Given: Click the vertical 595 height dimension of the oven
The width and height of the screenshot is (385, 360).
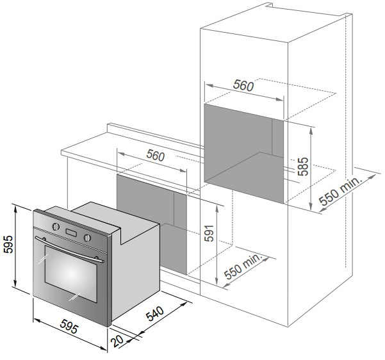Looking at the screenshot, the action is coord(8,244).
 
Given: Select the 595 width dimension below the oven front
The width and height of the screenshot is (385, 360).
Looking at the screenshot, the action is coord(69,326).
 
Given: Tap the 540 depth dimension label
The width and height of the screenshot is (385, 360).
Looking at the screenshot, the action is coord(155,314).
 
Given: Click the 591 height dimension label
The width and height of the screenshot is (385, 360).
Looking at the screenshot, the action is coord(209,233).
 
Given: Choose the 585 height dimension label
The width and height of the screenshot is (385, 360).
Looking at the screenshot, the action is coord(303,167).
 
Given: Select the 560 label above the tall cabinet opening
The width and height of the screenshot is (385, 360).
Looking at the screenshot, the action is coord(243,85).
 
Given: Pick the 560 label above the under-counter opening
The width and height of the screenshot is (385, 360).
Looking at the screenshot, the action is coord(156,156).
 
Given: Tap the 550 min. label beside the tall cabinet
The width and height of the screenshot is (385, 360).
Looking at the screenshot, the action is coord(341,191).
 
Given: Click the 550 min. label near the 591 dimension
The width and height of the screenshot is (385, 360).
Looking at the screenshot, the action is coord(243,266).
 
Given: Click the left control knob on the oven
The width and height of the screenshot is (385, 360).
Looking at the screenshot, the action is coord(56,226).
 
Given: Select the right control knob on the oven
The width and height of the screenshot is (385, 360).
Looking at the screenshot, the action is coord(87,238).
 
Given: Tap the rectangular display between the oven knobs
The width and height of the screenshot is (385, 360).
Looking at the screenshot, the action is coord(71,233).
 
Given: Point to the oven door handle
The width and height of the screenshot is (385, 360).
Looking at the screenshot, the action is coord(69,249).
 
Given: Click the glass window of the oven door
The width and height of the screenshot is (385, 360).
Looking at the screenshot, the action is coord(71,274).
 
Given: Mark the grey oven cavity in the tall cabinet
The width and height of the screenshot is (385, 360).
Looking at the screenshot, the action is coord(244,154).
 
